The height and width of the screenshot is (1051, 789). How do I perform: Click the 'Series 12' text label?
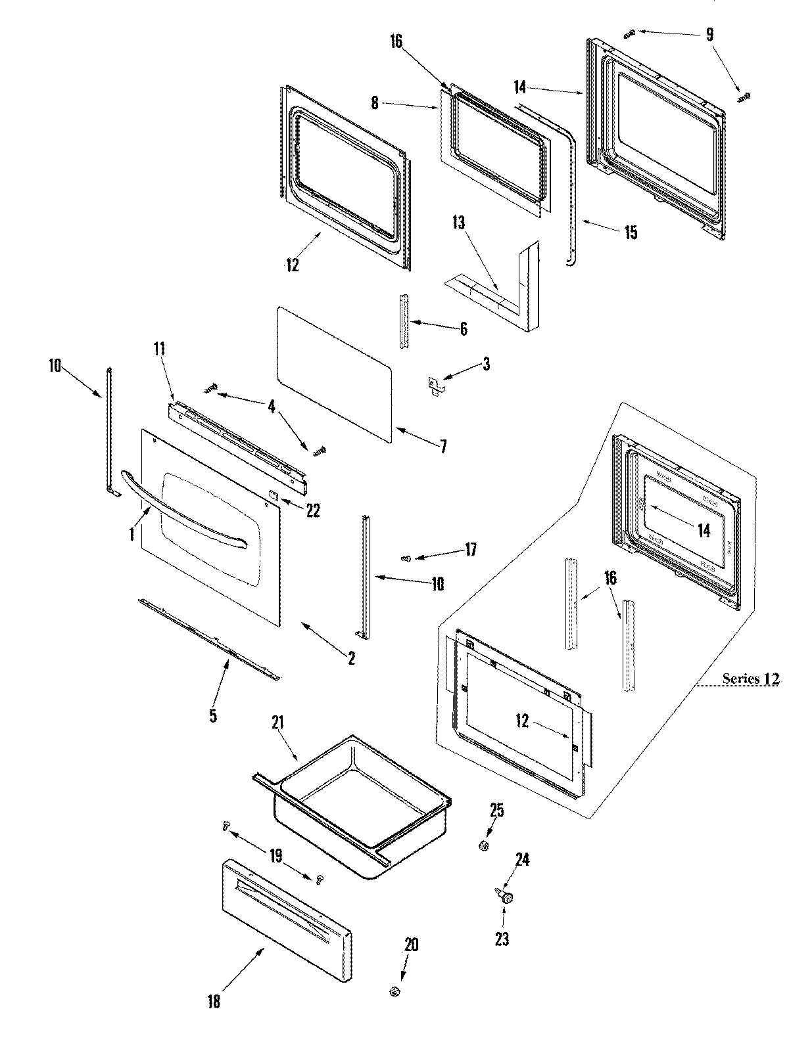750,679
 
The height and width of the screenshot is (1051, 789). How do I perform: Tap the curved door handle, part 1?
181,505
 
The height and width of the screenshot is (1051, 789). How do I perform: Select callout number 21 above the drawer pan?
277,723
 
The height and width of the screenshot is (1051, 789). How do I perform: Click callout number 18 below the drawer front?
213,1001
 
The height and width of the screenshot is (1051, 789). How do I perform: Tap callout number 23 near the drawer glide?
502,939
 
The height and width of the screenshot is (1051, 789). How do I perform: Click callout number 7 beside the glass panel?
443,447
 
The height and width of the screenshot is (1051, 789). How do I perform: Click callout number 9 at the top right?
709,34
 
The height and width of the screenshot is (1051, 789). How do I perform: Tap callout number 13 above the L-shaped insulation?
458,223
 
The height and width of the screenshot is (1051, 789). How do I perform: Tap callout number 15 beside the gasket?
631,233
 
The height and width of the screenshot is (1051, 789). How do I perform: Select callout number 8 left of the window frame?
375,103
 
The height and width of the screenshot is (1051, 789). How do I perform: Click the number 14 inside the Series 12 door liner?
704,530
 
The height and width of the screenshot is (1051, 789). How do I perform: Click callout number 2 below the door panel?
351,658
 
